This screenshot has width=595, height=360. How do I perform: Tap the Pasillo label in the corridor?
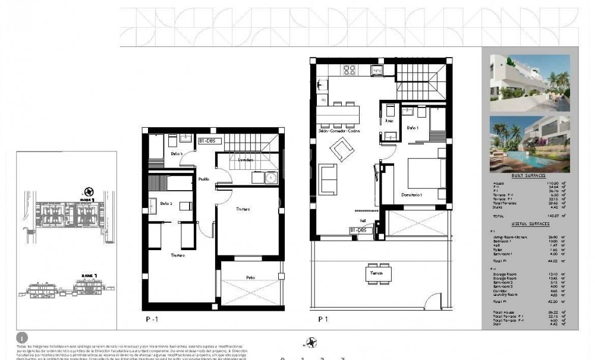(203, 178)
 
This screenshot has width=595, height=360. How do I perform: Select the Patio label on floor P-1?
(250, 277)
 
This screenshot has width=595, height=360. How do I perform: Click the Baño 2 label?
(166, 204)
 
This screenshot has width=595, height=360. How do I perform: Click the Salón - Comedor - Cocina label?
(339, 131)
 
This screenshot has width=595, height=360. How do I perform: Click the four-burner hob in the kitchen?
(350, 71)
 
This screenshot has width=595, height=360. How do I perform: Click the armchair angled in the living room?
(342, 149)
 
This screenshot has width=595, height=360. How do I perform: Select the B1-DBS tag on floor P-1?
(210, 141)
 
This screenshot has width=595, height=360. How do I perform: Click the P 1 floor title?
(323, 319)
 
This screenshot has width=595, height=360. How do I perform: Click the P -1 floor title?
(153, 319)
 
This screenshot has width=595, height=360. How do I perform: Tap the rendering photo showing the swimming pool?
(530, 144)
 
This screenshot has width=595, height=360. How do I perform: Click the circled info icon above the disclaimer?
(23, 337)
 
